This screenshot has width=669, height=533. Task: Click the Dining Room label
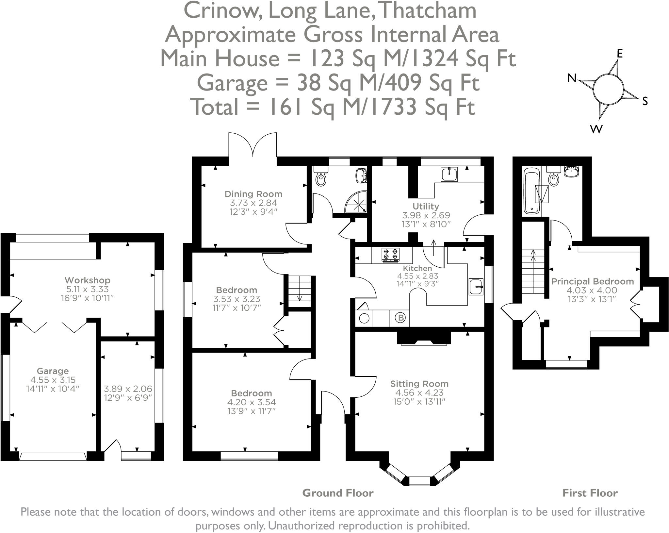[x=253, y=194]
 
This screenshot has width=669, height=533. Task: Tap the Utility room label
[x=426, y=206]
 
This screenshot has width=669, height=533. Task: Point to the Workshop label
[x=88, y=280]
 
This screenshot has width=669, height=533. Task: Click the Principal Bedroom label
[x=593, y=281]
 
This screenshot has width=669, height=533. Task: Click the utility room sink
[x=449, y=174]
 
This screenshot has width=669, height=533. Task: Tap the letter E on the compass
[x=619, y=54]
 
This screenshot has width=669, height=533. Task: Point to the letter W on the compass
[x=596, y=130]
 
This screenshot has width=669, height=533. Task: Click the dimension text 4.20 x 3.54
[x=252, y=402]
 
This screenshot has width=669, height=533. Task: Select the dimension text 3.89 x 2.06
[x=128, y=389]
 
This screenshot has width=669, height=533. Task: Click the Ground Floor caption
[x=338, y=493]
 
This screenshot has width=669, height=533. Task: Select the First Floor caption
[x=590, y=493]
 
